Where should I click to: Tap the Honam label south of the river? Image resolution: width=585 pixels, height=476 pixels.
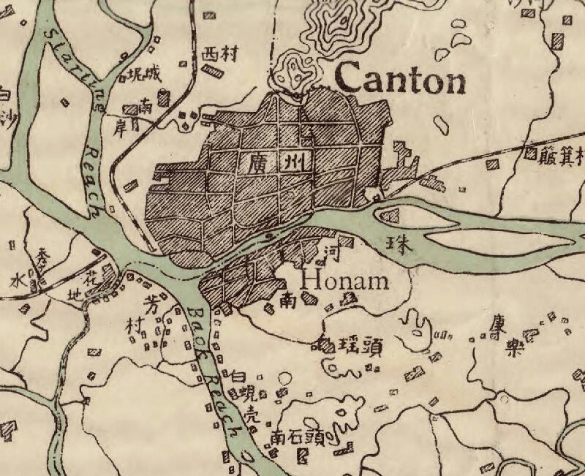click(x=345, y=280)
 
